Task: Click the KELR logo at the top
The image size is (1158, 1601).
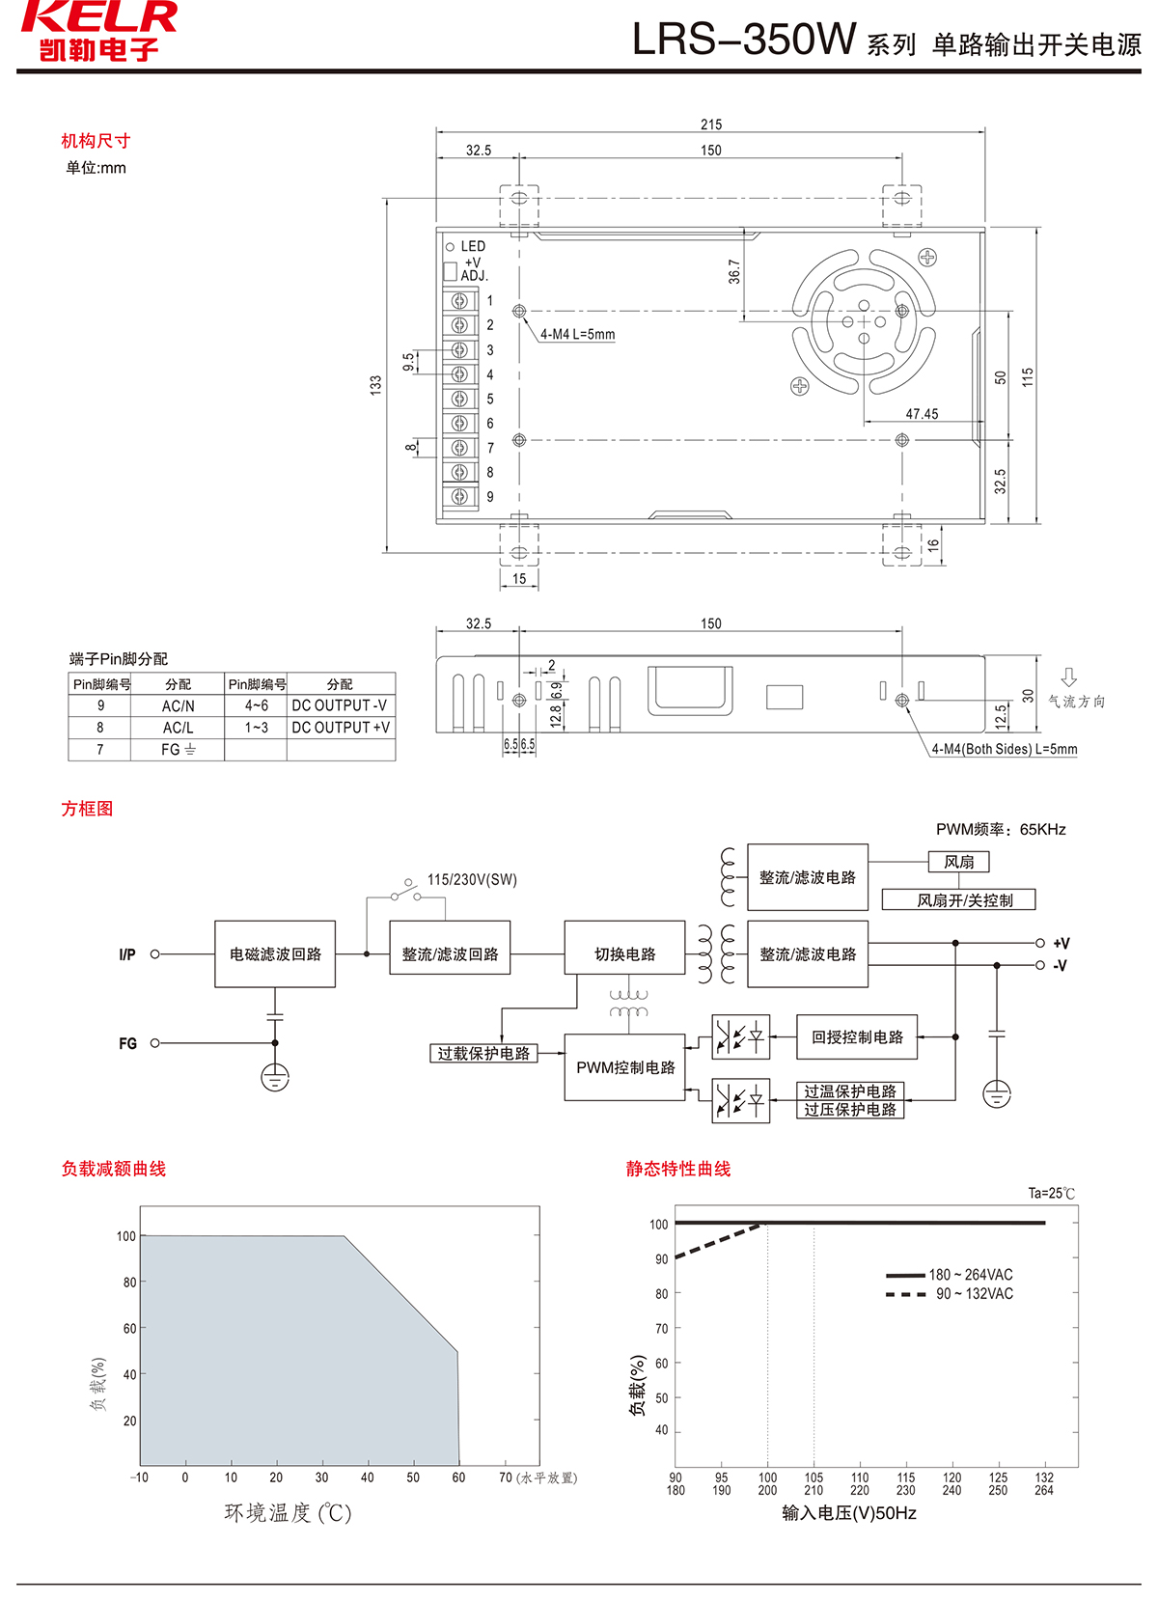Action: [98, 31]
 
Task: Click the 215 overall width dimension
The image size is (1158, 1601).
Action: [711, 124]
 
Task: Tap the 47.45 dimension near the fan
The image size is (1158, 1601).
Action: [922, 414]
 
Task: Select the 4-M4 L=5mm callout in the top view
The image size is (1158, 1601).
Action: [577, 335]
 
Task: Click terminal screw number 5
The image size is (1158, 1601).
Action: [460, 399]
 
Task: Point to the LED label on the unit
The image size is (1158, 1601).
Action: [473, 247]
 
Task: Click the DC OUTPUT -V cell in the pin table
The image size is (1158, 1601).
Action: [340, 705]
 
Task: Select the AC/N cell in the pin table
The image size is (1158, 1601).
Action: [178, 705]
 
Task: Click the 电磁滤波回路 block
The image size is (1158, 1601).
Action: [275, 954]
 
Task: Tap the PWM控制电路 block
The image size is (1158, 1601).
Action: [625, 1067]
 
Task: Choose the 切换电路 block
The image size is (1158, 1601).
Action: [624, 954]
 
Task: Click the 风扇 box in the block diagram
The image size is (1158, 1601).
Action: [958, 862]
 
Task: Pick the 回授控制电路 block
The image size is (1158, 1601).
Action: [857, 1037]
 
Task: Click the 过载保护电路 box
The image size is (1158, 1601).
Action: [483, 1053]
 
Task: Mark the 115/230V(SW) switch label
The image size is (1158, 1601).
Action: [472, 880]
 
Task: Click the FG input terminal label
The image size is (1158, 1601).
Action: [127, 1043]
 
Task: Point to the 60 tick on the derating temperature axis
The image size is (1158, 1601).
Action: [458, 1477]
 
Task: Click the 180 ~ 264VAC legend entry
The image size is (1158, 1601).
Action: [970, 1275]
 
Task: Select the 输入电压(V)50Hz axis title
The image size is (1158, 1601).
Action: [849, 1513]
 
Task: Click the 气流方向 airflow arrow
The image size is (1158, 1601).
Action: [1068, 677]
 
